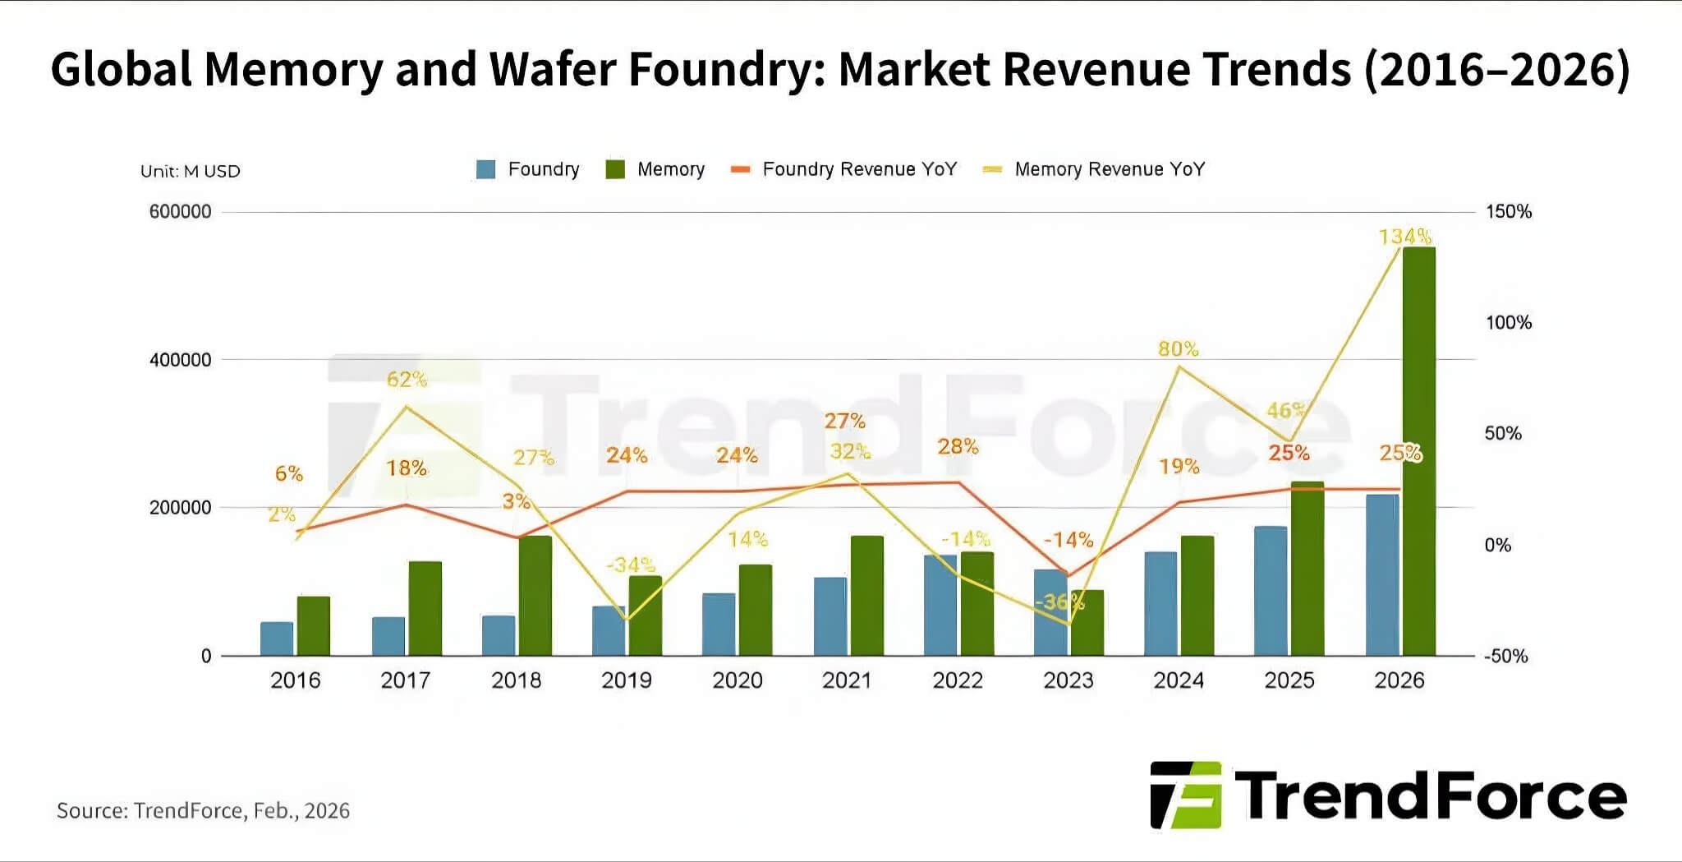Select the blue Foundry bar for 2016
point(277,638)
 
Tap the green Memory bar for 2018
point(535,595)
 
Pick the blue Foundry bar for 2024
point(1160,603)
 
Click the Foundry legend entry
point(528,169)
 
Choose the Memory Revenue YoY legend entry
point(1095,169)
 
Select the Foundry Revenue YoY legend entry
point(844,169)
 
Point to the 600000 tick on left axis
point(180,212)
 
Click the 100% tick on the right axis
point(1508,323)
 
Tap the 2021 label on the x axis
point(847,680)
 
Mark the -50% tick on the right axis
point(1505,657)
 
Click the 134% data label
point(1404,237)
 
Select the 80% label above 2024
point(1178,349)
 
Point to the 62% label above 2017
point(407,380)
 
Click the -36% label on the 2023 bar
point(1059,602)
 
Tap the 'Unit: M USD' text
point(191,172)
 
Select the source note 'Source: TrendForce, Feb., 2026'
point(203,811)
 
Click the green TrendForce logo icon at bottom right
point(1187,795)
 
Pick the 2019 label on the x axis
point(626,680)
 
